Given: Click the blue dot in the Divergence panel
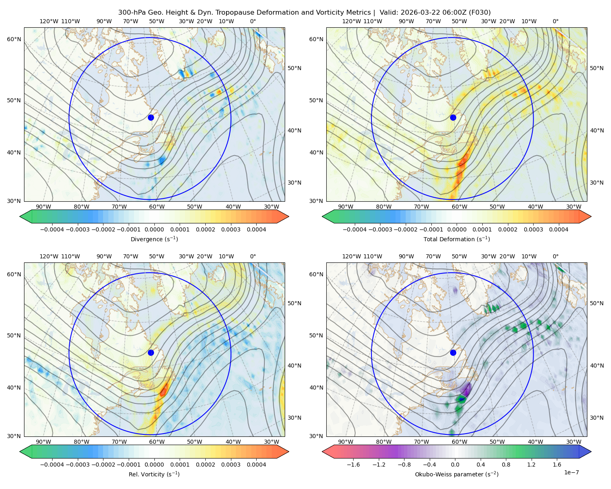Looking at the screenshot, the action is pyautogui.click(x=151, y=118).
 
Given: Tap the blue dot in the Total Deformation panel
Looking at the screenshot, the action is pyautogui.click(x=453, y=118).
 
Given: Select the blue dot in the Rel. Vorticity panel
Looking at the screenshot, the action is pyautogui.click(x=151, y=352).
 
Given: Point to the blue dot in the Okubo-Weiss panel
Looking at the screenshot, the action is pyautogui.click(x=453, y=352).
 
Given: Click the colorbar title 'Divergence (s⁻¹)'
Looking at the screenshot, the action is pyautogui.click(x=154, y=239).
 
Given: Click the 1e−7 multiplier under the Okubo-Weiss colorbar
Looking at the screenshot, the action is pyautogui.click(x=571, y=473).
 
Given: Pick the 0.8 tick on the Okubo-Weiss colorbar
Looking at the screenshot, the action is pyautogui.click(x=506, y=465).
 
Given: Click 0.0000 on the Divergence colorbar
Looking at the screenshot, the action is pyautogui.click(x=154, y=229).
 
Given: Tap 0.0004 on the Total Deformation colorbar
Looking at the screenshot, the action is pyautogui.click(x=558, y=229).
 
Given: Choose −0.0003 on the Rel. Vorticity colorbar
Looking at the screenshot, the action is pyautogui.click(x=77, y=465).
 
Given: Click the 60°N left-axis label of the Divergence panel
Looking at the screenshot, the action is pyautogui.click(x=14, y=39).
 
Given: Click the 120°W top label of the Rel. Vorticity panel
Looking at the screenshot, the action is pyautogui.click(x=49, y=256).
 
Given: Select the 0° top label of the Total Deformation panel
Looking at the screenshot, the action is pyautogui.click(x=555, y=21).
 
